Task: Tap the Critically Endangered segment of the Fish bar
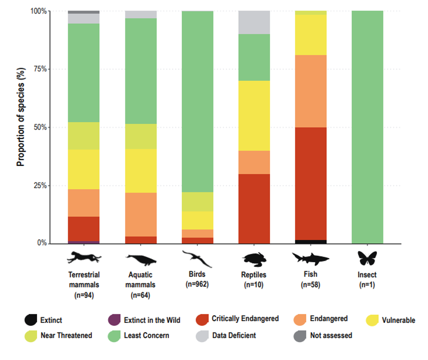(x=311, y=183)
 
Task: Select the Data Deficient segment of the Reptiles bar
(x=254, y=22)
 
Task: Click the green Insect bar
(x=367, y=127)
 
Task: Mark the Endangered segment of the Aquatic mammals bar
(x=141, y=214)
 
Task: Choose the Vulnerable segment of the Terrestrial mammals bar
(x=84, y=169)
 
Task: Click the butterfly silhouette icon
(x=367, y=258)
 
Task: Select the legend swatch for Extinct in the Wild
(x=114, y=320)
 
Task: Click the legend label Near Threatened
(x=66, y=336)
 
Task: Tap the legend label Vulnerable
(x=398, y=320)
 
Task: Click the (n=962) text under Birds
(x=197, y=284)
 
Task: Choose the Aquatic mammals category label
(x=141, y=280)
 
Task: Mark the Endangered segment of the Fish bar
(x=311, y=91)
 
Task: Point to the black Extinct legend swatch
(x=30, y=320)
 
